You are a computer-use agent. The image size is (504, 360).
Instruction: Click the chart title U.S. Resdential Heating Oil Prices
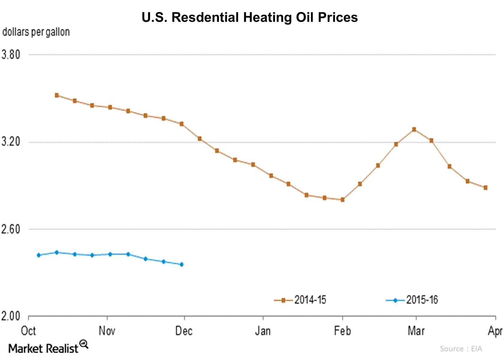tap(250, 17)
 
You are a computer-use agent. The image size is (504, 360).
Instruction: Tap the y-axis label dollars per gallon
tap(36, 32)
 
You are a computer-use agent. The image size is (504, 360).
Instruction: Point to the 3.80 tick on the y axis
tap(11, 55)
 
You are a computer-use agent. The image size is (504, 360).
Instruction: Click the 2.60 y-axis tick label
tap(11, 229)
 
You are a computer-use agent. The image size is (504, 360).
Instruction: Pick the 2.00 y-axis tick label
tap(11, 316)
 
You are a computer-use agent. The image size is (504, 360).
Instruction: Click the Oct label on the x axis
tap(28, 331)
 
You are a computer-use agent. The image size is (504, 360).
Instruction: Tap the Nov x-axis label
tap(107, 331)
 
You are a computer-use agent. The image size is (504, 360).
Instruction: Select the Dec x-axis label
tap(184, 331)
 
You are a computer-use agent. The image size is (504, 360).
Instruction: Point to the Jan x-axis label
tap(263, 331)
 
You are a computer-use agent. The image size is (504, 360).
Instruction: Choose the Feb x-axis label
tap(342, 331)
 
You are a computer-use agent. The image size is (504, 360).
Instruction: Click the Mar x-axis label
tap(416, 331)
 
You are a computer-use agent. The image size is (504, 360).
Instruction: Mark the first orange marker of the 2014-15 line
tap(57, 95)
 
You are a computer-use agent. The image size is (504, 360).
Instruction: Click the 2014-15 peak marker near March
tap(414, 129)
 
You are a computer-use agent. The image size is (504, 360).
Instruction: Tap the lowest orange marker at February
tap(343, 199)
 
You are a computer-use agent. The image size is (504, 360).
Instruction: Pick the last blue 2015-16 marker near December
tap(181, 264)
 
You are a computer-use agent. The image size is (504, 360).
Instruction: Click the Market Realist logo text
tap(43, 349)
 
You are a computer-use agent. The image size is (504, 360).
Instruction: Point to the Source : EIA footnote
tap(461, 349)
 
